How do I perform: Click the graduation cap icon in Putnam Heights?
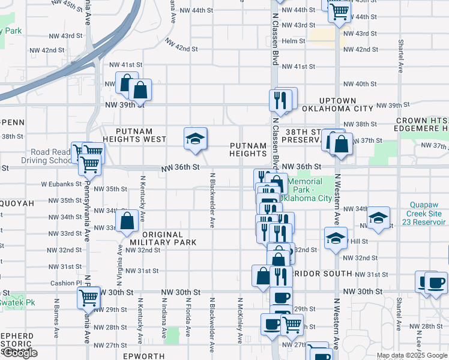195,139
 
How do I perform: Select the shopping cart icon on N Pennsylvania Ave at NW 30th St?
88,297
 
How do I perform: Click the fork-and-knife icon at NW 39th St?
280,100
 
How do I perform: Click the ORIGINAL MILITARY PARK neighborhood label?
163,238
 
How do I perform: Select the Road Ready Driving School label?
45,156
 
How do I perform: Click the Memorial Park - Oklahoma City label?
309,190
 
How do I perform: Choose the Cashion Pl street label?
66,283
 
